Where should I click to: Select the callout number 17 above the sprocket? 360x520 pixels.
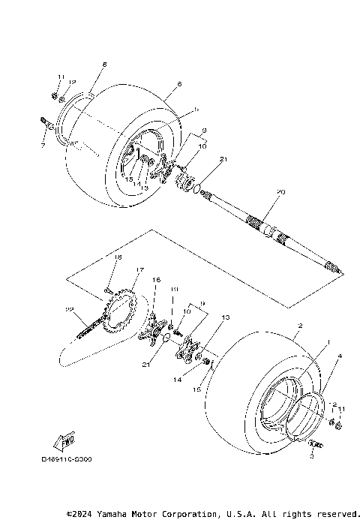tap(139, 270)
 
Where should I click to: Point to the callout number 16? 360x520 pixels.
tap(157, 279)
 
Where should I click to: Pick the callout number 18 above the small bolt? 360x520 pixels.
tap(118, 257)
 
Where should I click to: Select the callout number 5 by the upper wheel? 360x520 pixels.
tap(196, 110)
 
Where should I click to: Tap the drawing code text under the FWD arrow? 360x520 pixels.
tap(67, 458)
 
